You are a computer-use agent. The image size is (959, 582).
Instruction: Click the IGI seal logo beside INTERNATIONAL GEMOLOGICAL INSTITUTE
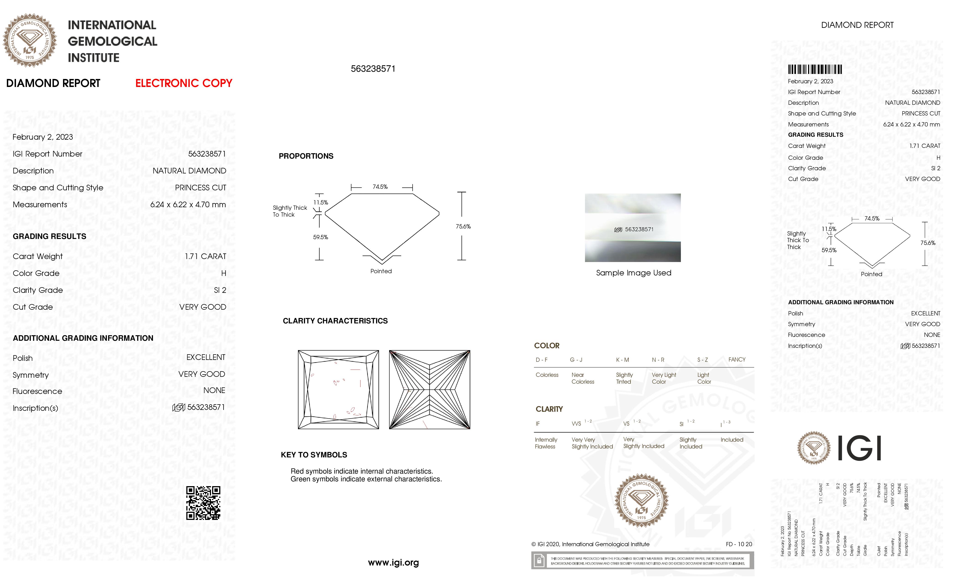[30, 40]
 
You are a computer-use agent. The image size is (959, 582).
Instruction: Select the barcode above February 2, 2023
[815, 70]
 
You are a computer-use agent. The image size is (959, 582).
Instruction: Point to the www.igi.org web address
[393, 563]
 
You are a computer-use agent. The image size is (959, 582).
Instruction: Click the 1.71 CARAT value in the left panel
[205, 256]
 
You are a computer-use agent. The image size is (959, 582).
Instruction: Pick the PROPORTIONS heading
[306, 156]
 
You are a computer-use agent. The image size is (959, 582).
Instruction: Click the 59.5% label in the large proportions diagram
[320, 237]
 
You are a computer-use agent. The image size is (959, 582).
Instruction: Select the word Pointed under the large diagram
[381, 271]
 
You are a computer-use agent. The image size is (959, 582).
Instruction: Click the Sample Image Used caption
[633, 273]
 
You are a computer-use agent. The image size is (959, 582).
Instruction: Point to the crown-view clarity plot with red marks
[338, 389]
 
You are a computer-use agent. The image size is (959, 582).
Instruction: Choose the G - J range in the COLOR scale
[576, 360]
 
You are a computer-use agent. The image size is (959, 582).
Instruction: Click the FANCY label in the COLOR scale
[736, 359]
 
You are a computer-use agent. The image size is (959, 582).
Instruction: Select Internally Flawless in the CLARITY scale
[546, 443]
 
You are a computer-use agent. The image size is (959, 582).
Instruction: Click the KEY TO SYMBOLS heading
[314, 455]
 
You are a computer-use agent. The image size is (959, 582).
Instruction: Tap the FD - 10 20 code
[738, 544]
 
